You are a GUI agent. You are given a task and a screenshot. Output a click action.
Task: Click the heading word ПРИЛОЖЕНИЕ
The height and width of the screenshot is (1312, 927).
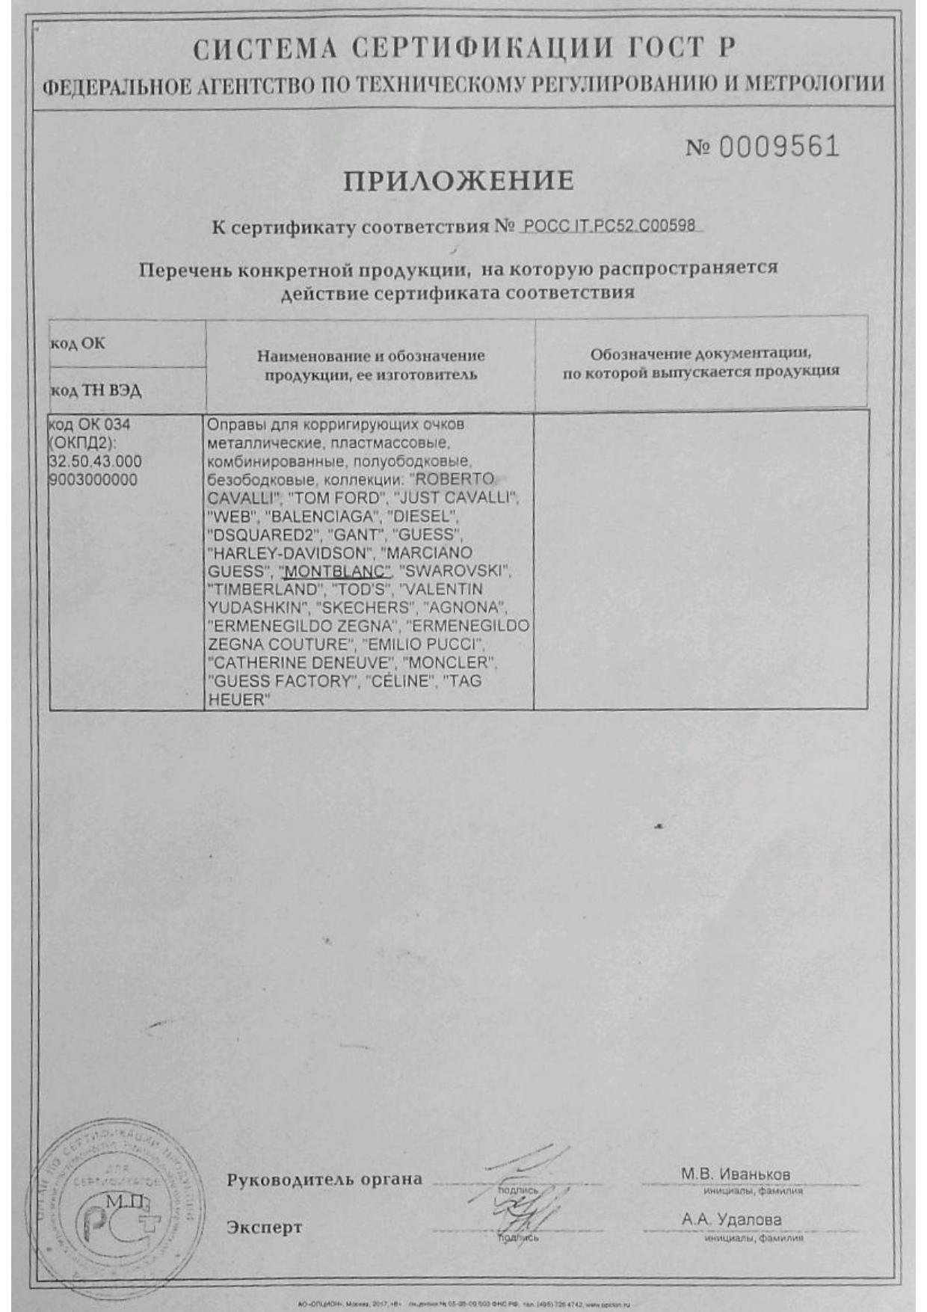[x=458, y=181]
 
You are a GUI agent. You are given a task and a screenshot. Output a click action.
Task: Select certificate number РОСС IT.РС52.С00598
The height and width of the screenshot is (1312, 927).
[x=609, y=225]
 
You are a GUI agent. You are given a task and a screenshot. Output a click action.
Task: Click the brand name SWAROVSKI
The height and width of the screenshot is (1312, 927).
[x=455, y=572]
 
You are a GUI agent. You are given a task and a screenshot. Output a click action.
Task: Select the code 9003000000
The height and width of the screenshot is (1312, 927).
[x=93, y=481]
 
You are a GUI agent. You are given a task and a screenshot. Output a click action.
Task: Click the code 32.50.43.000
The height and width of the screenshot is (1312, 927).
[x=95, y=462]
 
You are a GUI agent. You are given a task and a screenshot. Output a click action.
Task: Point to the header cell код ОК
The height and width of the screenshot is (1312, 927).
[x=78, y=343]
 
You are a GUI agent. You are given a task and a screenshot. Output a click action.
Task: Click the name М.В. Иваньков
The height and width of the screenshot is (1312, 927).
[x=735, y=1174]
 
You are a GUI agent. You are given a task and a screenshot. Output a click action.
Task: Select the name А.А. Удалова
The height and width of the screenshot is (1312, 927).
[x=731, y=1219]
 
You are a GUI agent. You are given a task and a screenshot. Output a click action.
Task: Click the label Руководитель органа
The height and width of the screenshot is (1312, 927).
[x=324, y=1180]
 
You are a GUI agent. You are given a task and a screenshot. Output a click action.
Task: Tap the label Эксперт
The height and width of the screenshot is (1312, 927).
[x=265, y=1227]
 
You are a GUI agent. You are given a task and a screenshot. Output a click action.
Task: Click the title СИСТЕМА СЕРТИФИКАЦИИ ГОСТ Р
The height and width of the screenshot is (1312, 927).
[x=463, y=49]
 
